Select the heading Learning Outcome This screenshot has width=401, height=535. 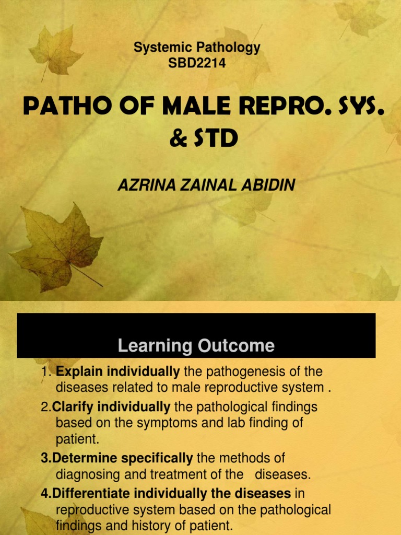click(x=196, y=345)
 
